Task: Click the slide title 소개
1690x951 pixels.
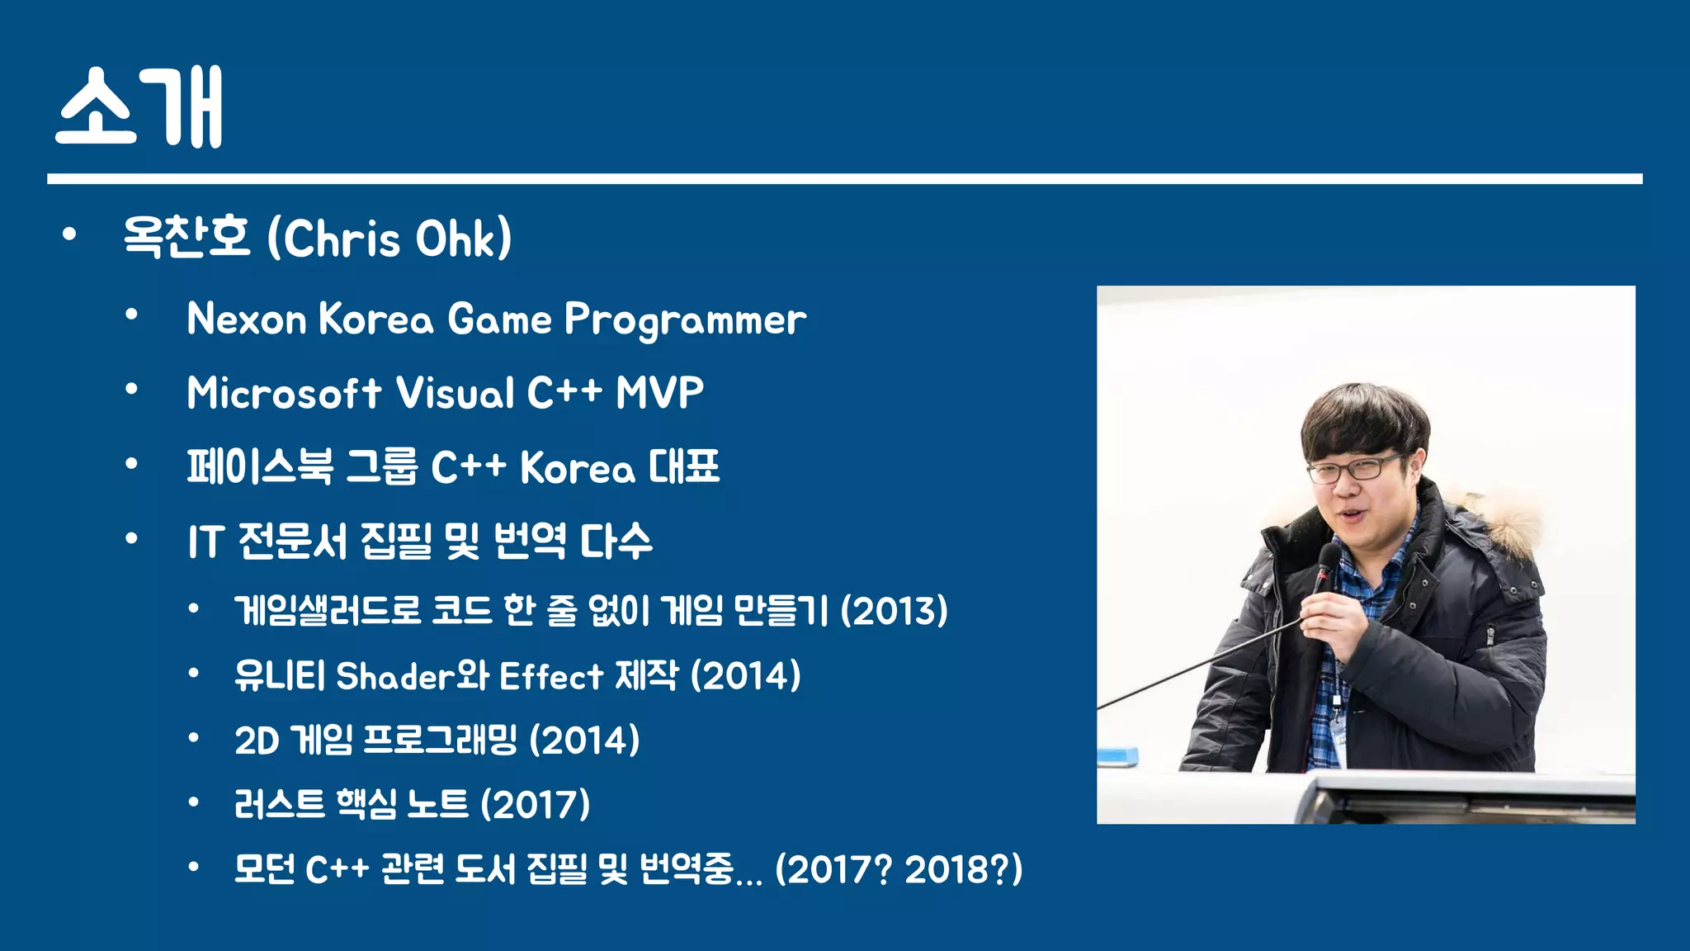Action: (139, 107)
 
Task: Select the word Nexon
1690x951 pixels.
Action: (247, 319)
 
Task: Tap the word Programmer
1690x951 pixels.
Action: (685, 320)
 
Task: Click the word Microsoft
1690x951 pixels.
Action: (284, 393)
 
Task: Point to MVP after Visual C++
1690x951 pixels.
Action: (659, 393)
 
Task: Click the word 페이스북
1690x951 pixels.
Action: (260, 467)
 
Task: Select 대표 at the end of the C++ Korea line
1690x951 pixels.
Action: (683, 467)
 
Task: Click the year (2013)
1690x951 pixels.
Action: (894, 611)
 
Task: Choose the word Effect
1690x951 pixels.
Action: (550, 676)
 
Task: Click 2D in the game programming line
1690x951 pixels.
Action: (257, 740)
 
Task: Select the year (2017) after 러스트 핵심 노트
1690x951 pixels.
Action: (535, 804)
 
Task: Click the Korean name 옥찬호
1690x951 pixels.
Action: (186, 237)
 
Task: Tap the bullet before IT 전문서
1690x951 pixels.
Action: (131, 539)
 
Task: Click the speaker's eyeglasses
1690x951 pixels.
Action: (1353, 469)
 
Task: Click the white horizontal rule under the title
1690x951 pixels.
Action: (844, 178)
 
